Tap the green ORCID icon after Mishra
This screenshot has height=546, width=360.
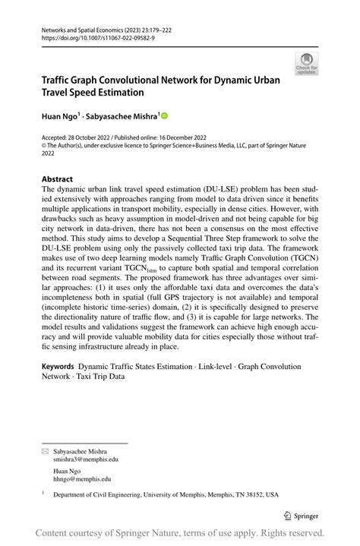163,116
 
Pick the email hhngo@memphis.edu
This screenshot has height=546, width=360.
82,479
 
